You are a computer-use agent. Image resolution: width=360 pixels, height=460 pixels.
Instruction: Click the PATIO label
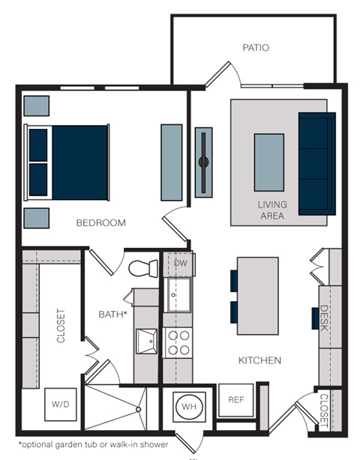pyautogui.click(x=256, y=48)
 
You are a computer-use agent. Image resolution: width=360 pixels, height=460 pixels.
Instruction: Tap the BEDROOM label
pyautogui.click(x=100, y=223)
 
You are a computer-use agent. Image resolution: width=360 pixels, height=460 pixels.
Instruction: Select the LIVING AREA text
pyautogui.click(x=271, y=210)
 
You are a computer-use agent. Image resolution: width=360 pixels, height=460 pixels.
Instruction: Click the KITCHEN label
pyautogui.click(x=259, y=360)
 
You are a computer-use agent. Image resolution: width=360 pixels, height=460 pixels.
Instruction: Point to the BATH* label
pyautogui.click(x=112, y=315)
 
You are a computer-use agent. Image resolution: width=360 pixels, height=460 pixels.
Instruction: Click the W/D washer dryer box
pyautogui.click(x=60, y=404)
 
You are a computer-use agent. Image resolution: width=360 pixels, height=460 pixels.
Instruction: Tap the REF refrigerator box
pyautogui.click(x=235, y=400)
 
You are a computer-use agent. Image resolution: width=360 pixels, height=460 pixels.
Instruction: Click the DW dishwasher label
pyautogui.click(x=180, y=263)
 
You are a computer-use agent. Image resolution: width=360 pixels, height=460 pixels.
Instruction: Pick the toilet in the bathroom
pyautogui.click(x=142, y=269)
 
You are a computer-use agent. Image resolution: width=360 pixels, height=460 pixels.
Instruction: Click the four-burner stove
pyautogui.click(x=178, y=343)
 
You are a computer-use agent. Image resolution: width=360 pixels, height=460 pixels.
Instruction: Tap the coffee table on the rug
pyautogui.click(x=269, y=163)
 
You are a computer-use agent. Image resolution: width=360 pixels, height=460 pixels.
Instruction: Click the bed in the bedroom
pyautogui.click(x=68, y=162)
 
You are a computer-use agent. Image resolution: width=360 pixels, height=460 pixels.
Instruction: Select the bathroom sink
pyautogui.click(x=147, y=342)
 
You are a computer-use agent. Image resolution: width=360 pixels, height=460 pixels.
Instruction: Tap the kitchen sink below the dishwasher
pyautogui.click(x=178, y=294)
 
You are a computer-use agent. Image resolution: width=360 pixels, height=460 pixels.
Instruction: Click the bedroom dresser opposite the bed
pyautogui.click(x=171, y=162)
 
